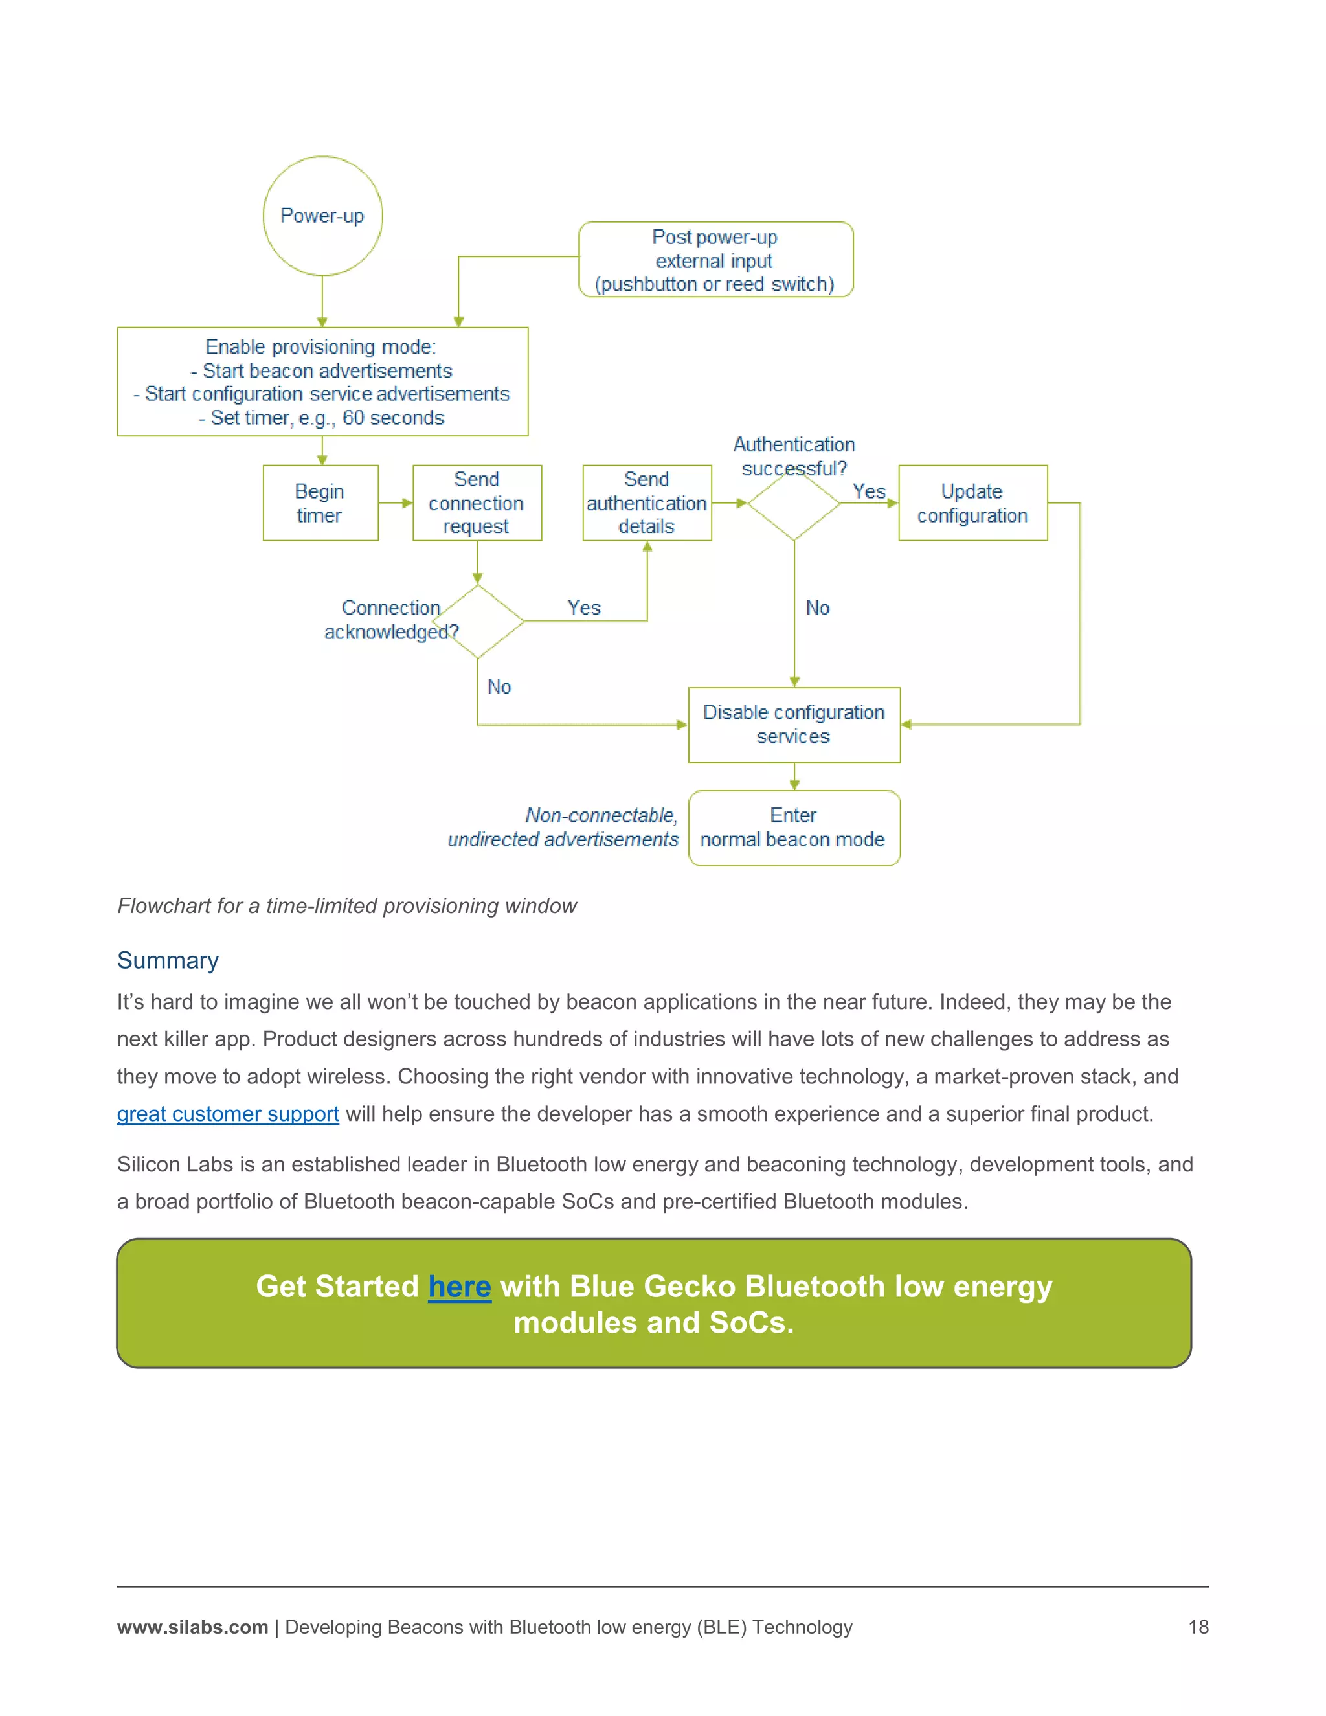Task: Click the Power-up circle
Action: point(322,216)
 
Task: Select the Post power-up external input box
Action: point(715,260)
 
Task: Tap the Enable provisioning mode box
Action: point(322,382)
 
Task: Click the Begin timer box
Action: point(320,503)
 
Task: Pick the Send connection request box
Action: point(477,503)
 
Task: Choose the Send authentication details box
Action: point(647,503)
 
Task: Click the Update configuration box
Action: point(972,503)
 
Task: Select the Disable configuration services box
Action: point(793,725)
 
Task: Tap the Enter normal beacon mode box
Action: point(793,828)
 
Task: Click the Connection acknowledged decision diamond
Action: point(478,622)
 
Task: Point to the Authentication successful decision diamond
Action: point(794,504)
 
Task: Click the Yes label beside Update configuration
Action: point(869,492)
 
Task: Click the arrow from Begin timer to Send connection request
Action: point(395,503)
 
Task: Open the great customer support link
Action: point(228,1114)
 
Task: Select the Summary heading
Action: point(168,960)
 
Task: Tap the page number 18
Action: point(1198,1627)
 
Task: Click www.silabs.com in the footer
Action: point(192,1627)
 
